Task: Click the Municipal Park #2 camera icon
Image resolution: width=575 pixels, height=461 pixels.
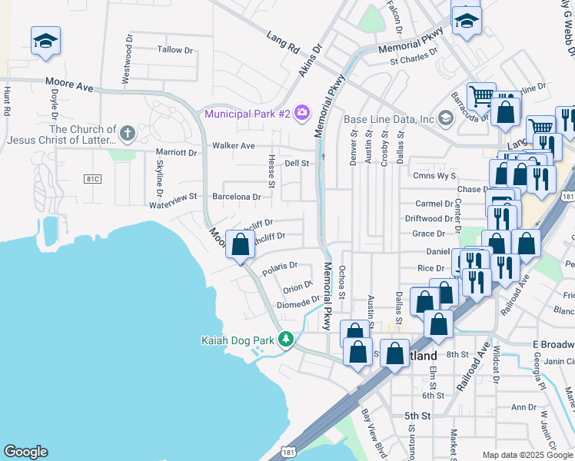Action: [x=301, y=114]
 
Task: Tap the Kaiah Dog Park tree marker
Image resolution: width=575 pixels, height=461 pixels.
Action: [x=286, y=339]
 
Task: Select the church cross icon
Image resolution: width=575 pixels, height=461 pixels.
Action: [x=128, y=134]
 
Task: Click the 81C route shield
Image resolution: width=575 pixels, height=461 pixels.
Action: [x=93, y=178]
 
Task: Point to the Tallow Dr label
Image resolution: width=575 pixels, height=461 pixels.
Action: [x=174, y=50]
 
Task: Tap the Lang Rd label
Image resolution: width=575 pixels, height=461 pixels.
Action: [x=282, y=42]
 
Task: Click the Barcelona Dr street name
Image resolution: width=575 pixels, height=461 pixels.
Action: [x=237, y=197]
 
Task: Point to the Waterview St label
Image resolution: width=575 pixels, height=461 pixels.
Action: [x=174, y=205]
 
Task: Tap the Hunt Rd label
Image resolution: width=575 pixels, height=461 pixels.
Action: [x=7, y=101]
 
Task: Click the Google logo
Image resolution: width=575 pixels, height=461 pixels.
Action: [x=25, y=452]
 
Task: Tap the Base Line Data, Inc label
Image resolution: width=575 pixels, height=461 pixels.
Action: [x=389, y=119]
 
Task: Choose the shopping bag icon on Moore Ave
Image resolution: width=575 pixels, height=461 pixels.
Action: [x=241, y=246]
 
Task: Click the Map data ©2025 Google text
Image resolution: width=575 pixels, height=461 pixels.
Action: [x=527, y=455]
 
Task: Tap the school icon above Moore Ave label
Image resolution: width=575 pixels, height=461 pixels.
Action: [x=45, y=41]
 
